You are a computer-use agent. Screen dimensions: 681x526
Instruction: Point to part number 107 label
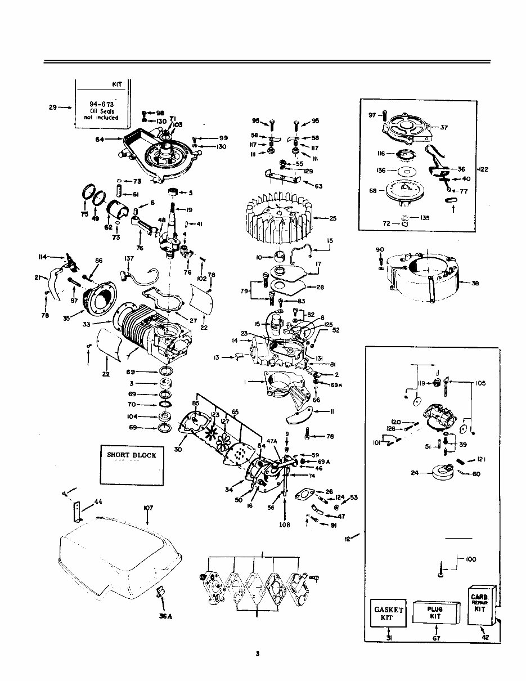point(148,508)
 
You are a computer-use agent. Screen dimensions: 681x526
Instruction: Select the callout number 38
point(475,284)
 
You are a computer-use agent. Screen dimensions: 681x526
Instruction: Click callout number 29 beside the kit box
point(52,106)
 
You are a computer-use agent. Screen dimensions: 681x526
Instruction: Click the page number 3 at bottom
point(257,653)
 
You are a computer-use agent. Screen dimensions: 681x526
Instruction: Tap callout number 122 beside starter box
point(483,169)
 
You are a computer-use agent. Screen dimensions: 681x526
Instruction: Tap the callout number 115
point(329,240)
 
